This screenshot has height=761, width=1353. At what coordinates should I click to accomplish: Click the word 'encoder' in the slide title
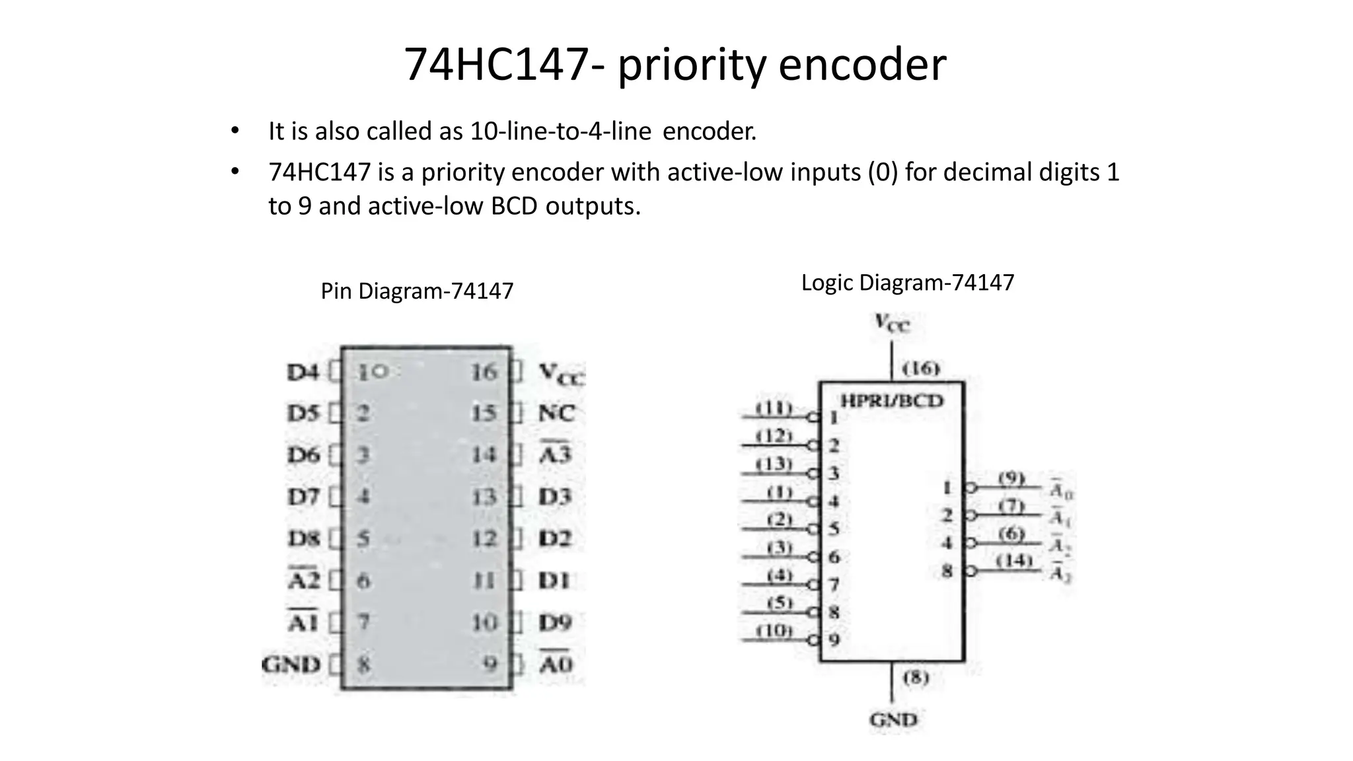click(862, 65)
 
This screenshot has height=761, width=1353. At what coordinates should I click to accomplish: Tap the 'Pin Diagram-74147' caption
click(417, 291)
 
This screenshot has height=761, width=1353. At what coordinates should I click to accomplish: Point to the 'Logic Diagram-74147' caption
click(907, 283)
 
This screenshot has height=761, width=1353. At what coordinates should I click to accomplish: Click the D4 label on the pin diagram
click(303, 373)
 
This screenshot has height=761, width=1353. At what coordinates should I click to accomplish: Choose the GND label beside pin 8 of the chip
click(291, 664)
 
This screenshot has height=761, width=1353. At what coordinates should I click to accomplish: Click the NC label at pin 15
click(556, 414)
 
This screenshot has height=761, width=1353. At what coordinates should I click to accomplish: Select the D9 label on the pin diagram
click(555, 622)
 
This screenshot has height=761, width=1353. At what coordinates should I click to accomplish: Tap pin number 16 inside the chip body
click(484, 373)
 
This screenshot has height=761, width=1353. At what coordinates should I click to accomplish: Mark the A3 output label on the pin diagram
click(555, 454)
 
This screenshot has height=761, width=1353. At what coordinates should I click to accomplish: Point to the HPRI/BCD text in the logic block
click(891, 401)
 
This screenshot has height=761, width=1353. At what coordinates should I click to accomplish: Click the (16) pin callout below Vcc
click(920, 368)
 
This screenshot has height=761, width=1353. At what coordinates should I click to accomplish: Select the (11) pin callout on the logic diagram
click(774, 408)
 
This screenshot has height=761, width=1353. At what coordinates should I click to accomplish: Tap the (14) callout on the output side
click(1013, 561)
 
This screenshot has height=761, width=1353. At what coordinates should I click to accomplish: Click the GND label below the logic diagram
click(893, 719)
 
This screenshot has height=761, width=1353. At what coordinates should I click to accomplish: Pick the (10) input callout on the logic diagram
click(774, 630)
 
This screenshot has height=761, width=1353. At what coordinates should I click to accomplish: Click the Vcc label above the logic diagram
click(892, 323)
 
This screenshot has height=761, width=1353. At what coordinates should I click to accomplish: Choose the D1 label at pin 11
click(554, 581)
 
